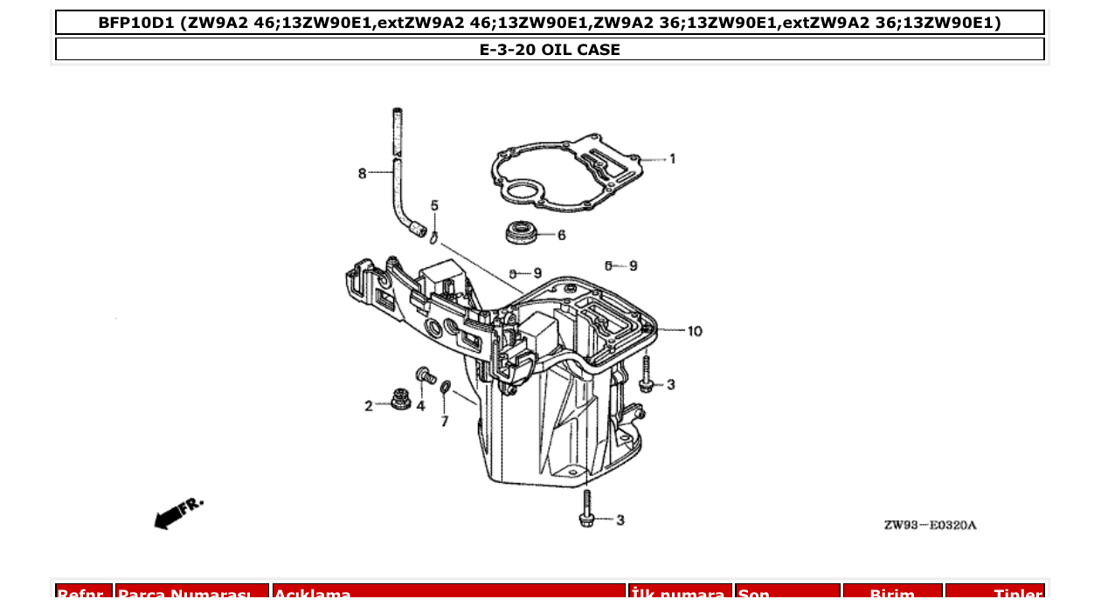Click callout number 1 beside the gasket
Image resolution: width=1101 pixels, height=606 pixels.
tap(672, 159)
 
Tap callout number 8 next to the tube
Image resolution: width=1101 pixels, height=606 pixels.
tap(362, 174)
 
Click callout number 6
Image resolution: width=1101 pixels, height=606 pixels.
tap(561, 235)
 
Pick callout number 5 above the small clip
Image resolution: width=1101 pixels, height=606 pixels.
tap(434, 206)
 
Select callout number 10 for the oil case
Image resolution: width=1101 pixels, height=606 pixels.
tap(694, 331)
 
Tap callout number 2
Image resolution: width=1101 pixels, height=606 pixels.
tap(369, 406)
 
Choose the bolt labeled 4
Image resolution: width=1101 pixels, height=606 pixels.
tap(426, 375)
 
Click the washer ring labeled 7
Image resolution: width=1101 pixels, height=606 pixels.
tap(445, 388)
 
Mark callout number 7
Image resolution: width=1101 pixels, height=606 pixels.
tap(444, 422)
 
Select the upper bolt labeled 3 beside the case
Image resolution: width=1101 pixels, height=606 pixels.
tap(646, 375)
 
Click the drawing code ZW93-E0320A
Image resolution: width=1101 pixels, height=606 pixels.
tap(930, 525)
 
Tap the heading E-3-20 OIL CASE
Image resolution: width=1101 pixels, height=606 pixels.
tap(550, 50)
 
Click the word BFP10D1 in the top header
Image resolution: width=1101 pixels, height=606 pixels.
tap(136, 23)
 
